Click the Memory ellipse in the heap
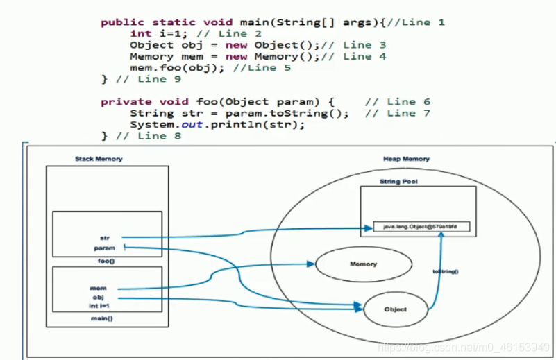tap(363, 264)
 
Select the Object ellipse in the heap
tap(395, 309)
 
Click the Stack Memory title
tap(99, 159)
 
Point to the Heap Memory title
tap(406, 159)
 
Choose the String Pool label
tap(398, 182)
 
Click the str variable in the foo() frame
tap(104, 237)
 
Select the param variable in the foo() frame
tap(104, 248)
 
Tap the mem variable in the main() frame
tap(98, 287)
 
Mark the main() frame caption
tap(102, 318)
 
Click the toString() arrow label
tap(445, 271)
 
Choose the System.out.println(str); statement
tap(217, 125)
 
